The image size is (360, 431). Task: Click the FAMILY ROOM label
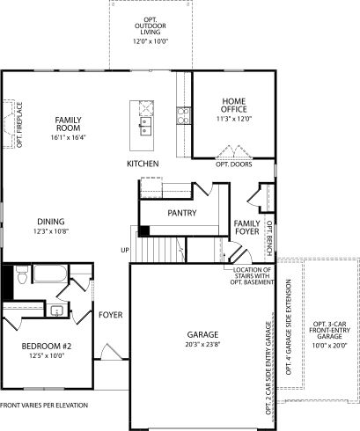click(x=68, y=124)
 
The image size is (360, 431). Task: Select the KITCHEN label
click(x=143, y=164)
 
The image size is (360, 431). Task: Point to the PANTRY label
click(x=181, y=213)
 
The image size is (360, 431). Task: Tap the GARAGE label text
click(x=202, y=335)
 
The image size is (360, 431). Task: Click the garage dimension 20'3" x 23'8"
click(x=202, y=345)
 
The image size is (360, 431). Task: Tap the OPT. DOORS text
click(x=234, y=164)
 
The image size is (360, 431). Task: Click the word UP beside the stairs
click(x=124, y=251)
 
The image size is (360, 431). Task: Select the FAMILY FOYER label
click(x=246, y=228)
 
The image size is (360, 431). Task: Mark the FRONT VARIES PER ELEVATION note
click(x=46, y=405)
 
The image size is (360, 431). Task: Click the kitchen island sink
click(x=144, y=133)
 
